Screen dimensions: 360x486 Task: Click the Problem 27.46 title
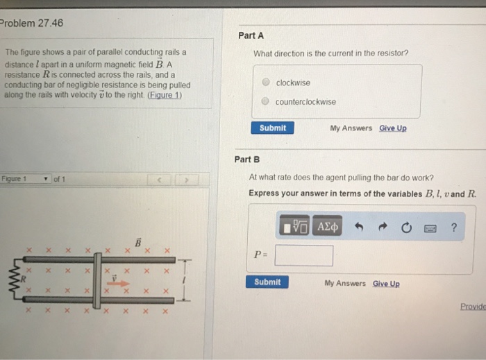pos(32,22)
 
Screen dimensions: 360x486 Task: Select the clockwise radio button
pos(266,83)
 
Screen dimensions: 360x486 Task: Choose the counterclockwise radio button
pos(266,101)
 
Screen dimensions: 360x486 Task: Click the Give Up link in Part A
pos(393,128)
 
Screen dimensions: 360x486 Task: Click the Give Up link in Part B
pos(386,283)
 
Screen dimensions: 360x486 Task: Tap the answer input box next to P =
pos(303,256)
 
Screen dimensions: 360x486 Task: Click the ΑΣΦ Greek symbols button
pos(328,227)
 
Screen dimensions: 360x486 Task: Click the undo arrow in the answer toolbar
pos(359,227)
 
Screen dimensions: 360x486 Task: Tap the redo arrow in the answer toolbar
pos(381,227)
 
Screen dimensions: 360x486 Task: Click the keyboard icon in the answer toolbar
pos(430,228)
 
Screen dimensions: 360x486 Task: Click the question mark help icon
pos(454,227)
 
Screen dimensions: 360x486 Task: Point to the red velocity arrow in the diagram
pos(119,282)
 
